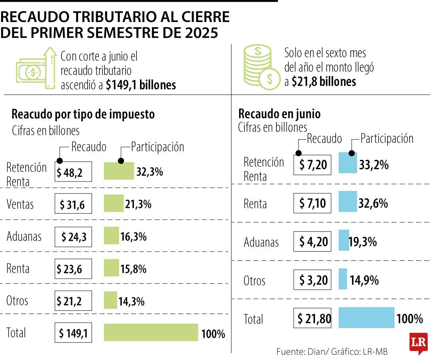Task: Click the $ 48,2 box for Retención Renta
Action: [x=73, y=172]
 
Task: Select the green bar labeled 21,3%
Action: [x=114, y=204]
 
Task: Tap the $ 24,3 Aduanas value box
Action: [x=73, y=236]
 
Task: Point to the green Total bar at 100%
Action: [x=151, y=332]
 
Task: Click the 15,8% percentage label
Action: [x=133, y=269]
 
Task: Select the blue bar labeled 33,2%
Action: [x=348, y=163]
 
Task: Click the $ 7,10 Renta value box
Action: [x=312, y=203]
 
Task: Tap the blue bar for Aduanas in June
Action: [x=344, y=241]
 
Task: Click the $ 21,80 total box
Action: [x=312, y=318]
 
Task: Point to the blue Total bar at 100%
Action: [x=366, y=318]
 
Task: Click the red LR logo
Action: [x=418, y=343]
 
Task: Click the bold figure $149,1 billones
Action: [x=141, y=85]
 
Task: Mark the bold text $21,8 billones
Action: [x=324, y=82]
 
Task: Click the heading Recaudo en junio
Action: [x=279, y=114]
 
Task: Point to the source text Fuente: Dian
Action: [x=298, y=352]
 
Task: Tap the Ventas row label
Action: [x=20, y=204]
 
